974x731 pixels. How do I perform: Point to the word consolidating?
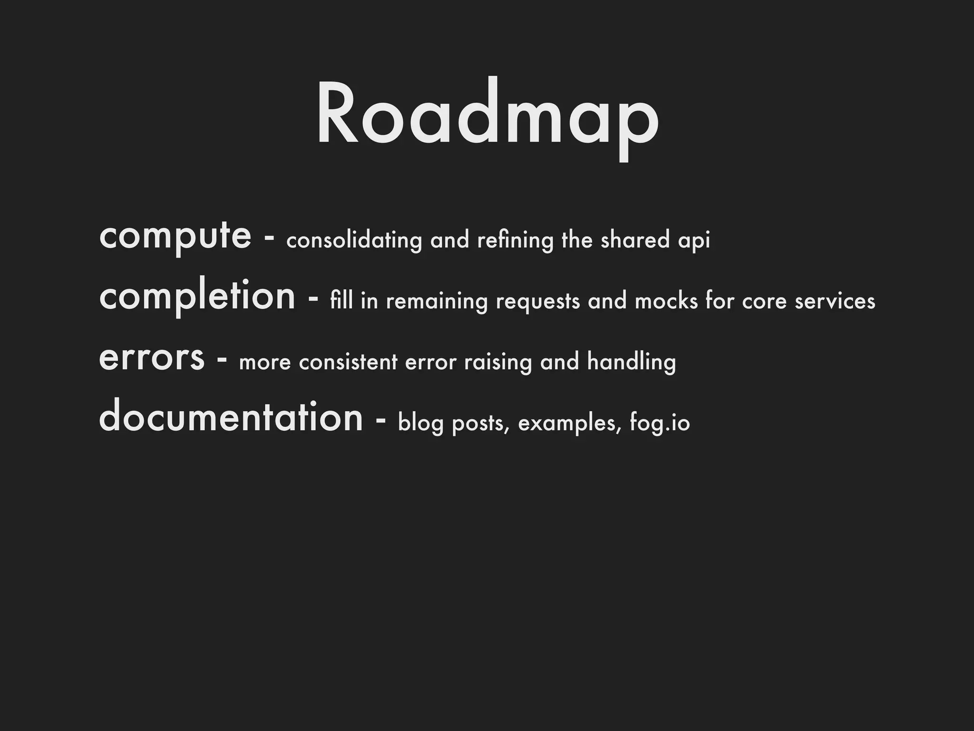[354, 240]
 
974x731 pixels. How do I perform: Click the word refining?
[515, 241]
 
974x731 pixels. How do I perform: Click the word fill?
[341, 301]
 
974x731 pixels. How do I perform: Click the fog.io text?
[660, 423]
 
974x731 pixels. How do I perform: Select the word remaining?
[437, 302]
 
